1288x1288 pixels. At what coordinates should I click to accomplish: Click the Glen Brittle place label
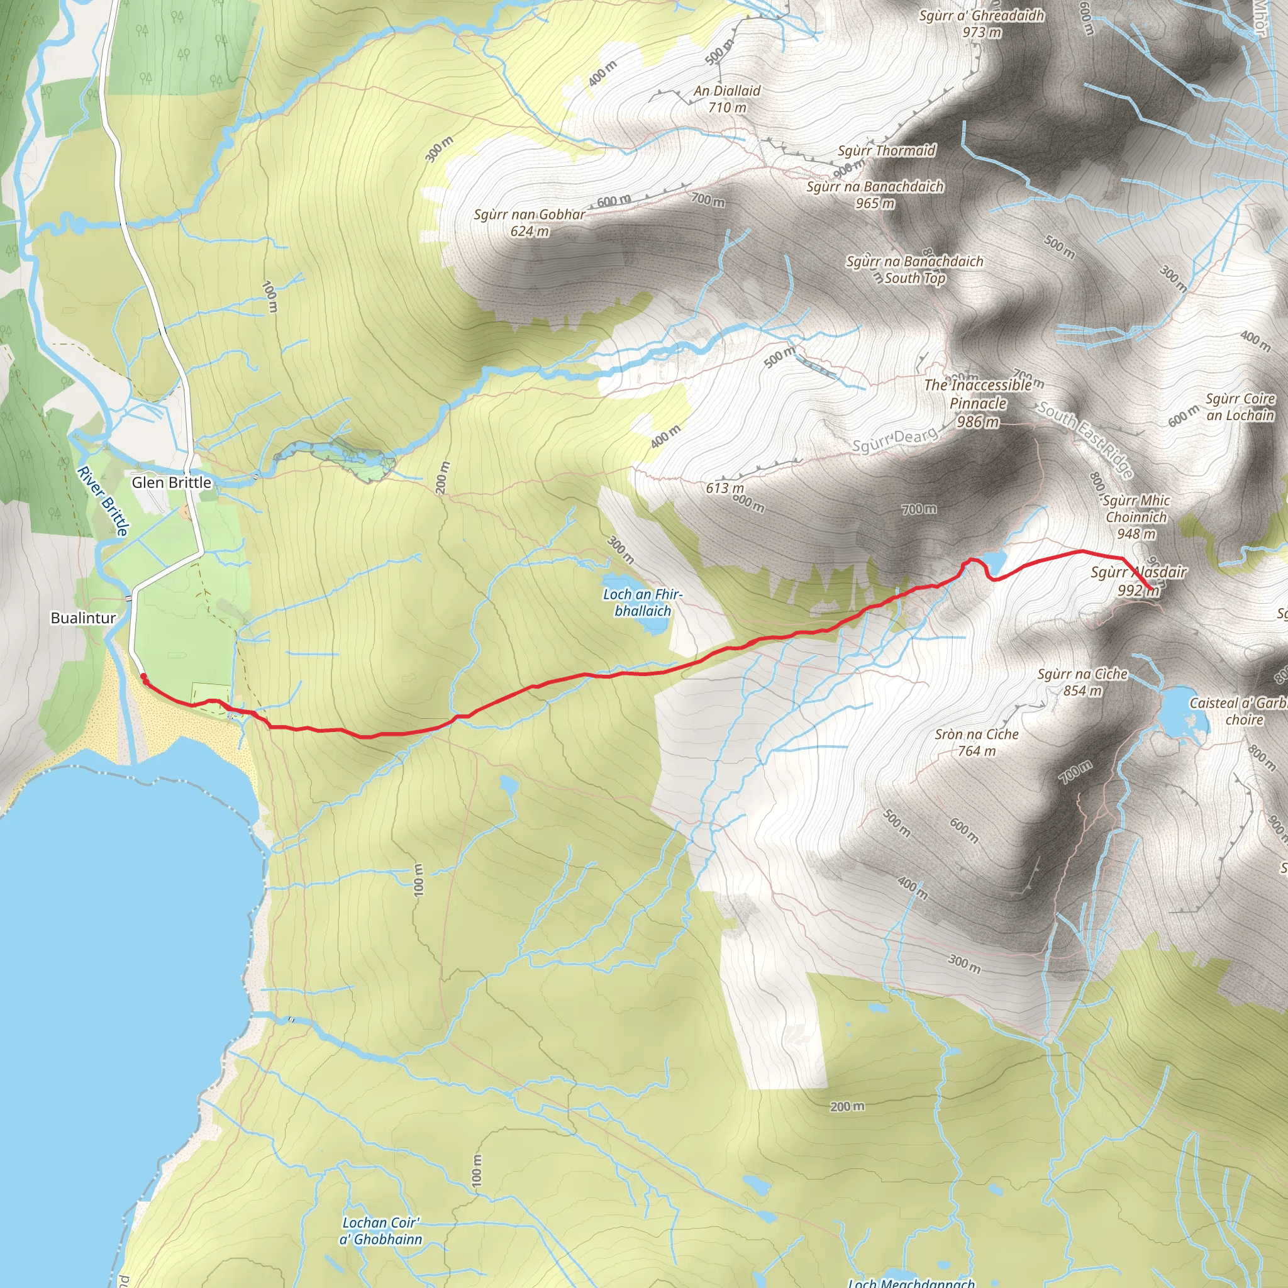(x=171, y=482)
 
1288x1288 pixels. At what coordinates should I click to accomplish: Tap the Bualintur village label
(x=84, y=618)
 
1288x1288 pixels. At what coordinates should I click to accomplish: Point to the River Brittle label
(x=103, y=501)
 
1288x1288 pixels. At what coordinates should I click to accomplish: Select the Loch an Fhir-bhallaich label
(x=643, y=602)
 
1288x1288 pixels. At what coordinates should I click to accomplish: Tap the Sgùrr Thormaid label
(x=887, y=151)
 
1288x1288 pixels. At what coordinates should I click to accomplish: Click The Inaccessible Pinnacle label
(x=978, y=402)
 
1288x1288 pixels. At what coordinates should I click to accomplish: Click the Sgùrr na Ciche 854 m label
(x=1082, y=682)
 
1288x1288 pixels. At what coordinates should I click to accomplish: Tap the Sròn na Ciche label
(x=977, y=742)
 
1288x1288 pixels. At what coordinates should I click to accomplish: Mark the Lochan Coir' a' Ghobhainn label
(x=380, y=1231)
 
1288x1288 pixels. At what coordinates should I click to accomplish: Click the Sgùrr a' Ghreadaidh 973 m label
(x=981, y=23)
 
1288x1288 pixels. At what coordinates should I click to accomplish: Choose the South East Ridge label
(x=1085, y=440)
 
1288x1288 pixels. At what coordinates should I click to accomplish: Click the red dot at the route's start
(x=144, y=677)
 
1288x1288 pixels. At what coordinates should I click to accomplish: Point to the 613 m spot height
(x=724, y=488)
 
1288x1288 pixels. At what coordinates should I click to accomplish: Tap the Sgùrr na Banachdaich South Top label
(x=914, y=269)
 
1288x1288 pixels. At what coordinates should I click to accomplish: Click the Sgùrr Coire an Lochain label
(x=1240, y=407)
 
